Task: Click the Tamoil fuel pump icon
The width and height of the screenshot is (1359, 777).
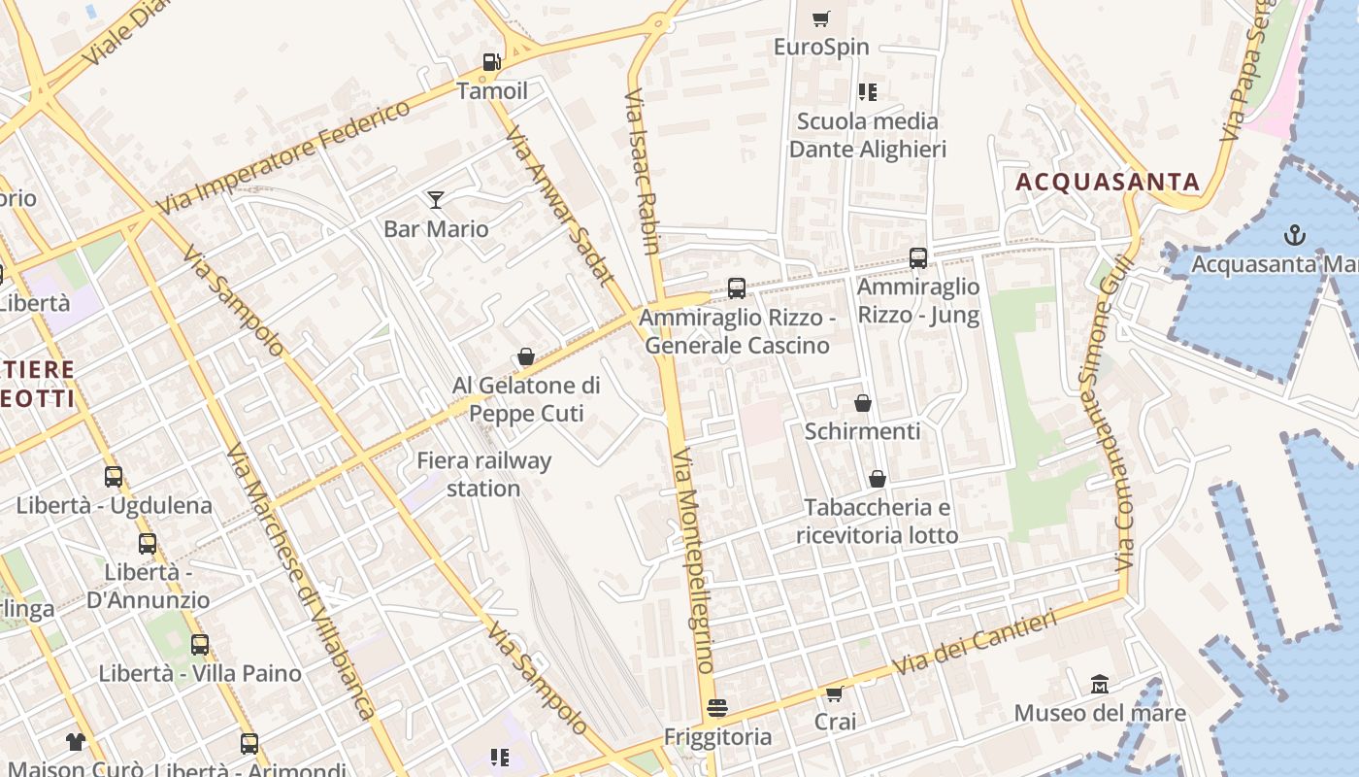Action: click(492, 62)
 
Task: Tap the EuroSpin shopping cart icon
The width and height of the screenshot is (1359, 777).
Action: click(821, 18)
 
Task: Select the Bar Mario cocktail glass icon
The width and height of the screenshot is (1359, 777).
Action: click(436, 200)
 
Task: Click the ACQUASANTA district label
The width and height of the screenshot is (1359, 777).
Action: click(1108, 182)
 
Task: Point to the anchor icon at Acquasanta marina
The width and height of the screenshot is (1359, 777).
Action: click(1294, 235)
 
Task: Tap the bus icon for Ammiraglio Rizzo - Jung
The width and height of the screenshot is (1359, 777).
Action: click(918, 258)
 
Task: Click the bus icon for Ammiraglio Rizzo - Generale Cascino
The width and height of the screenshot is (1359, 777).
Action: click(737, 288)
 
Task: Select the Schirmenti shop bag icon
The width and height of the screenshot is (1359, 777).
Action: click(862, 403)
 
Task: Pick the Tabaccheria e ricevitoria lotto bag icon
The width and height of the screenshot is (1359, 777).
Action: click(877, 479)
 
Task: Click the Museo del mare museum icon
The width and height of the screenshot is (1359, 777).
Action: click(1099, 685)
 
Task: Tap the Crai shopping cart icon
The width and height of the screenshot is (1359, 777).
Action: click(834, 693)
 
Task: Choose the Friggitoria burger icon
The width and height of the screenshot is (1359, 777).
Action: click(717, 708)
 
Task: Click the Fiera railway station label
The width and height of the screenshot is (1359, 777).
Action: click(483, 474)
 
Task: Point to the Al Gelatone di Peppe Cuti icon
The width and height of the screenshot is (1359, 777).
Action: click(526, 357)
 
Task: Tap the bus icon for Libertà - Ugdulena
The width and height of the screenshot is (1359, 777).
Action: click(114, 477)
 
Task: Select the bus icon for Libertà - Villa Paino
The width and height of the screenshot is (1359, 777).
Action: click(200, 644)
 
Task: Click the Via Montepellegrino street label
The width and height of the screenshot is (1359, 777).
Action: click(693, 560)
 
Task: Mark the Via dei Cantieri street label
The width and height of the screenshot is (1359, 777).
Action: click(974, 643)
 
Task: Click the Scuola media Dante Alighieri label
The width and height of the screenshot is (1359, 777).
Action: click(867, 135)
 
